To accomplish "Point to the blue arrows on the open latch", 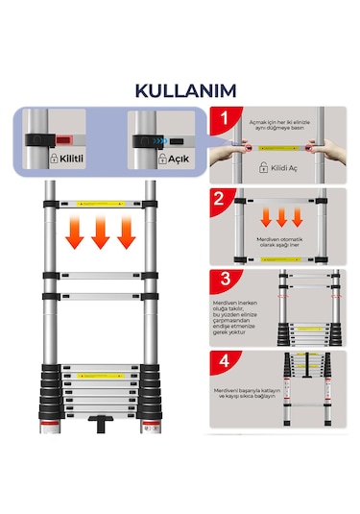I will click(x=165, y=138).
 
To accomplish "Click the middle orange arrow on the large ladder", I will click(x=99, y=234).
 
